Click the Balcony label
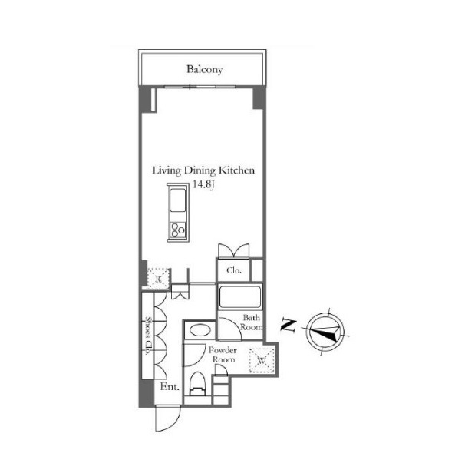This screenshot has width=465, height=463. coord(205,69)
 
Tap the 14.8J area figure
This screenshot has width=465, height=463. coord(203,184)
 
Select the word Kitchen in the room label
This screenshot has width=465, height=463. coord(236,170)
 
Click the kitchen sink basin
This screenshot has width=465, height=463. coord(177,200)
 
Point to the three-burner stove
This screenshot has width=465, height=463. coord(178,230)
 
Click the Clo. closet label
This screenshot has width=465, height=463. coord(234,270)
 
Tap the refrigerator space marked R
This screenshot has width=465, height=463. coord(158,279)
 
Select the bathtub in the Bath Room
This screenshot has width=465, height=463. coord(240,297)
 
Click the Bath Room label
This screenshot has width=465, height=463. coord(251,322)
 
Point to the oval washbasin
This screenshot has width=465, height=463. coord(200,330)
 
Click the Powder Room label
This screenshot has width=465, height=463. coord(223,355)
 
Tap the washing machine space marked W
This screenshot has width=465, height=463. coord(261,360)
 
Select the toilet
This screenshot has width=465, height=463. coord(197,384)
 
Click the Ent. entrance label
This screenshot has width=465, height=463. coord(170,387)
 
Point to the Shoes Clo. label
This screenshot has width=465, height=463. coord(148,336)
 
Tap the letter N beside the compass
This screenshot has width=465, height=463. coord(289,326)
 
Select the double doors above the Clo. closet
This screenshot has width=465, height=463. coord(234,251)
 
